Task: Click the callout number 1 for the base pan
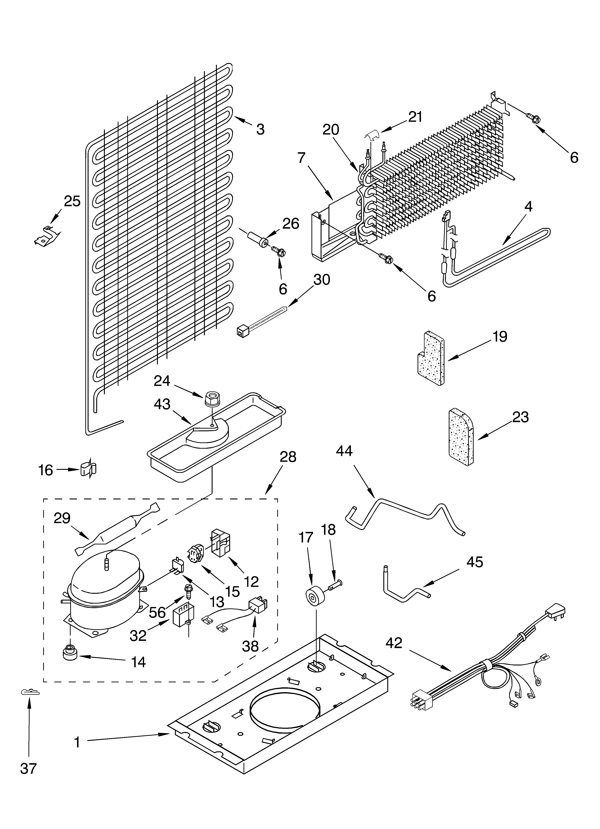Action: (77, 732)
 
